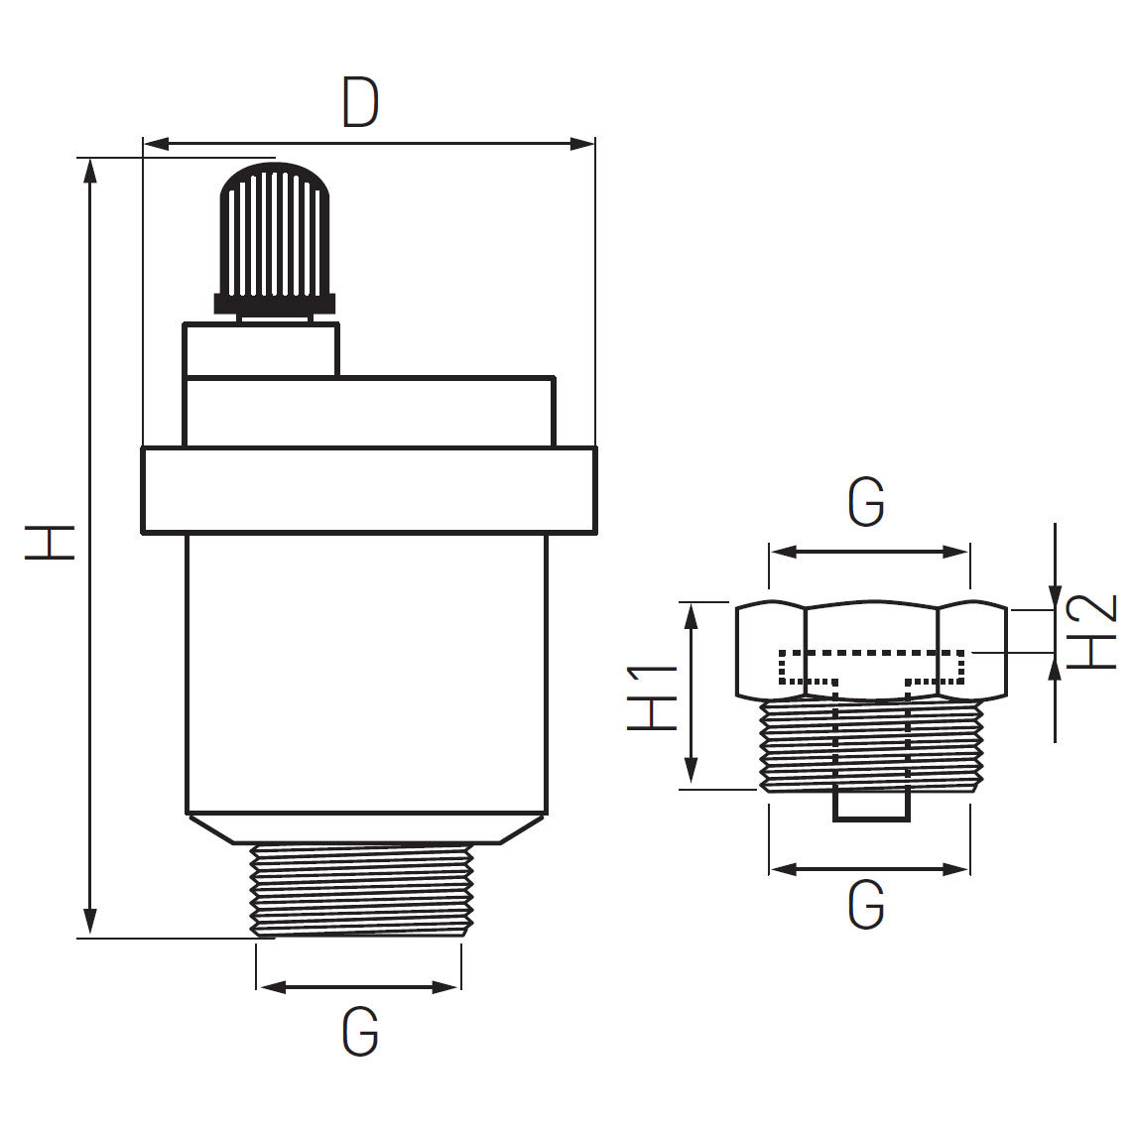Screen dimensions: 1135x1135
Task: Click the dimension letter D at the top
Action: tap(361, 103)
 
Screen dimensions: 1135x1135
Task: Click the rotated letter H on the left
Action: tap(50, 544)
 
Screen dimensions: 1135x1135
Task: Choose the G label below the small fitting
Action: tap(865, 905)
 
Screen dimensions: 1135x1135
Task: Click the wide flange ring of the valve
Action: tap(368, 490)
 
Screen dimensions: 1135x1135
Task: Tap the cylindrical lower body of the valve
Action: tap(366, 675)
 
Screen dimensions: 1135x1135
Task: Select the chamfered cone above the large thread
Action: tap(366, 828)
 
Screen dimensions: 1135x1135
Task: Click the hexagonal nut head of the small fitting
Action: tap(871, 650)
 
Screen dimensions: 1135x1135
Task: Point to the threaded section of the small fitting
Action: tap(871, 746)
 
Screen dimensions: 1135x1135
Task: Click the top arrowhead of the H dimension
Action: tap(91, 169)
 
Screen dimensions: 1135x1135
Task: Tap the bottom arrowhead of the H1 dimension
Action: tap(692, 776)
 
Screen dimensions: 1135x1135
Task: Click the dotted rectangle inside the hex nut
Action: tap(871, 666)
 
